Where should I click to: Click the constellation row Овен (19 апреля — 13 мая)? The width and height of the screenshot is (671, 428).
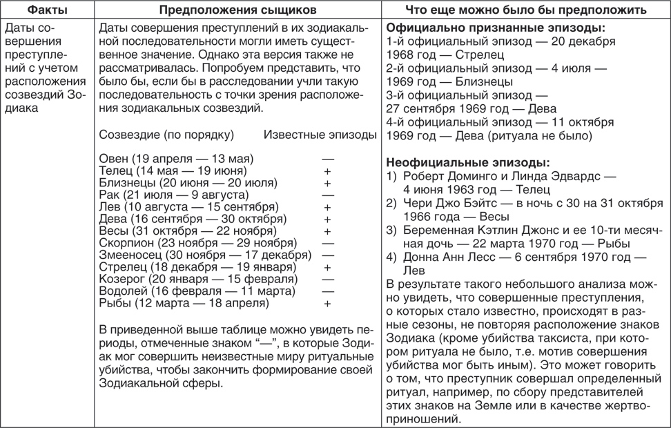[176, 158]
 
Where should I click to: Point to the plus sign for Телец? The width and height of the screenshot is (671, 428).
[327, 171]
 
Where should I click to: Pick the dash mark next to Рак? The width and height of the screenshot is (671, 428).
[327, 195]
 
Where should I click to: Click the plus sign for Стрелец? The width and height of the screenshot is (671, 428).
[327, 267]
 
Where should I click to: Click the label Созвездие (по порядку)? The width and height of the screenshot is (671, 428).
[166, 135]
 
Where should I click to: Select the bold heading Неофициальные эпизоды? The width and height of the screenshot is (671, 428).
[467, 163]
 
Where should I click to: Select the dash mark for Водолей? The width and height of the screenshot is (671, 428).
[327, 291]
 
